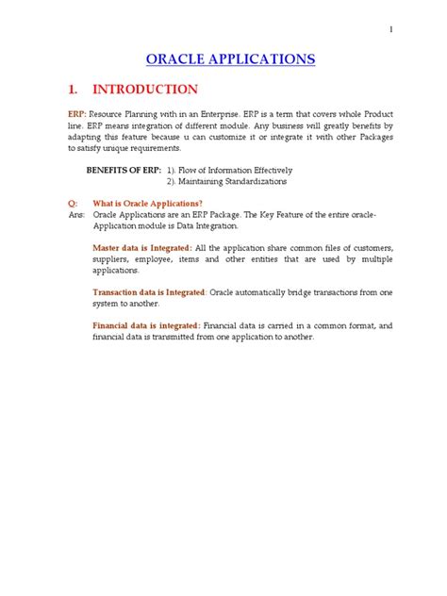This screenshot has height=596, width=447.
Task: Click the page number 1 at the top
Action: (390, 29)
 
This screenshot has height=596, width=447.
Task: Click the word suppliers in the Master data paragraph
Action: (112, 258)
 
